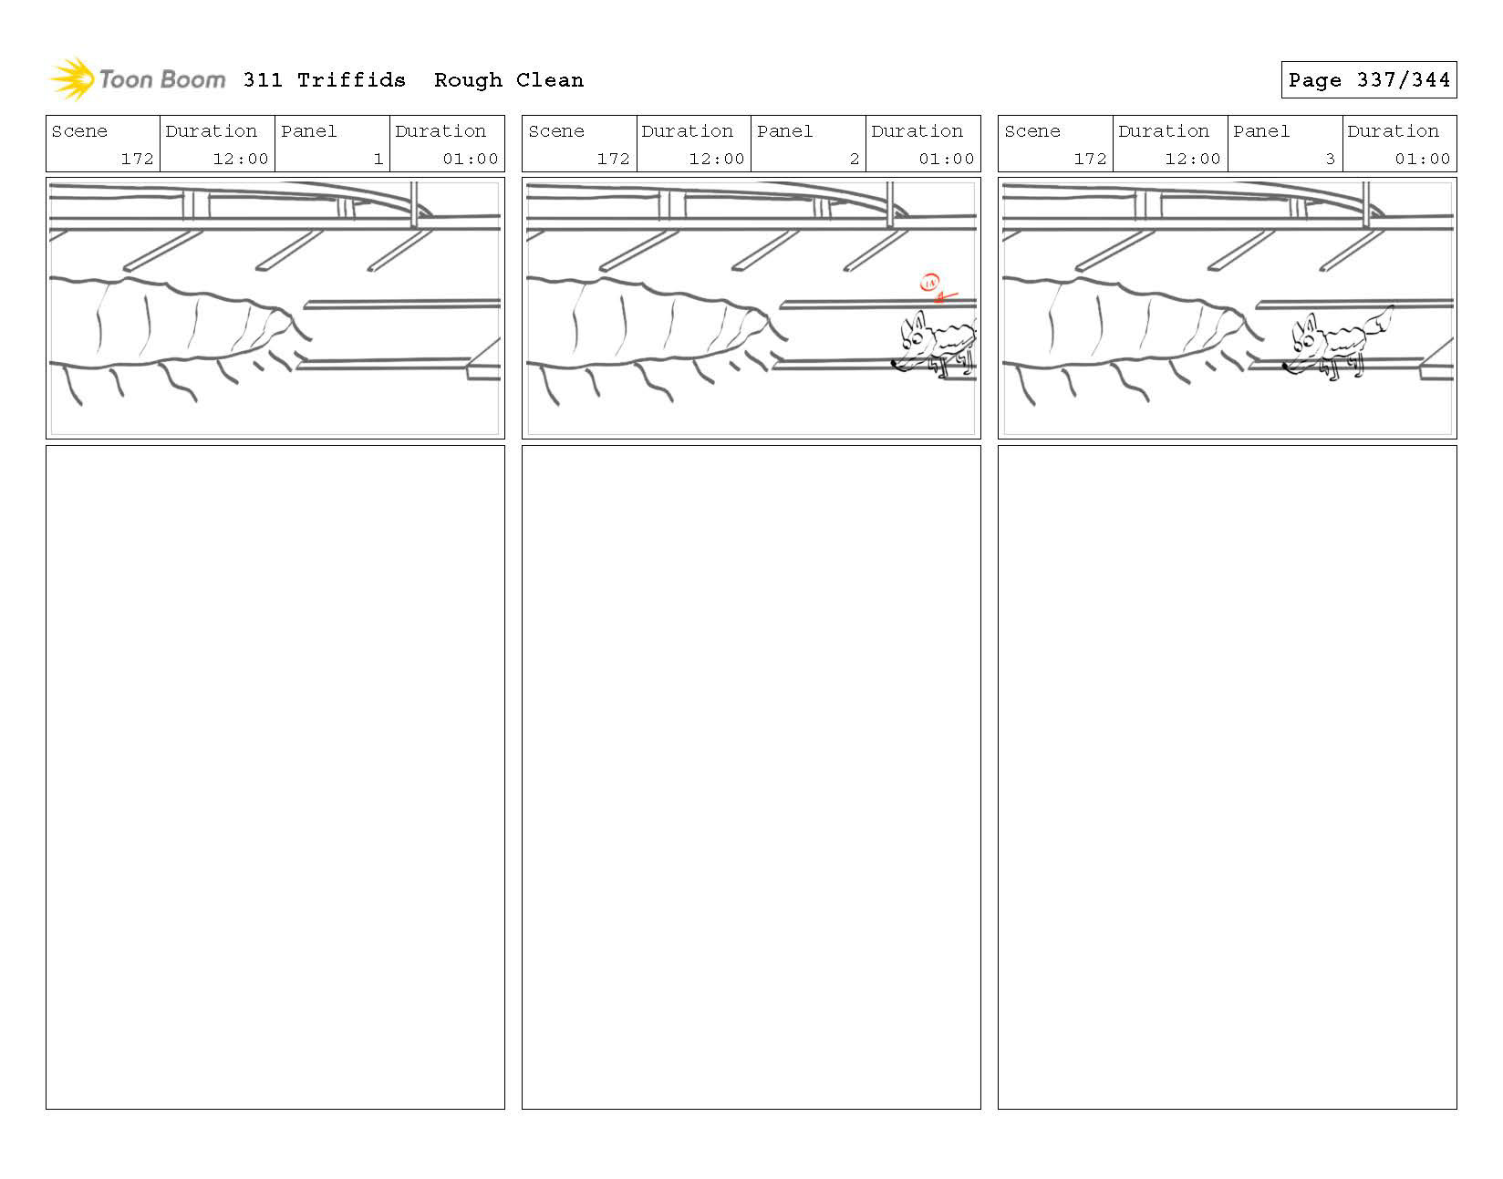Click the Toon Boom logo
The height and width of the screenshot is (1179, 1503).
[137, 79]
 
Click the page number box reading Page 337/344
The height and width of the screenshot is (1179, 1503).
[1368, 80]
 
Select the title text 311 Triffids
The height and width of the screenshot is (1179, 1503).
[324, 80]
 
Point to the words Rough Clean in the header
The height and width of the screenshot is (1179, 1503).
[508, 80]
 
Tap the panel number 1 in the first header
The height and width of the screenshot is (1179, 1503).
[378, 159]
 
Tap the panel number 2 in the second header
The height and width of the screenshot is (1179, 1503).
[854, 159]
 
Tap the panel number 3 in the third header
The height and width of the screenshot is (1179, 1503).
[1330, 159]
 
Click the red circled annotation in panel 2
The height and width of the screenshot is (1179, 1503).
[930, 284]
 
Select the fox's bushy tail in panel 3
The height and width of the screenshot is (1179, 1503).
[1380, 321]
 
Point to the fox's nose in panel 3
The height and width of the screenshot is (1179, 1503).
[1286, 367]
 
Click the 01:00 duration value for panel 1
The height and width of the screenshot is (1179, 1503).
[470, 159]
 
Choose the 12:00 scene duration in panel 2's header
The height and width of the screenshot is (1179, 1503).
[716, 159]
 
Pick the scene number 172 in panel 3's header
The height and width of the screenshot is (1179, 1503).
[1090, 159]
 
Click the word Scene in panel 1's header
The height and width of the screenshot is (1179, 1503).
[79, 131]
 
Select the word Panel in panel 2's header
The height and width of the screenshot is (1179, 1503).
[784, 131]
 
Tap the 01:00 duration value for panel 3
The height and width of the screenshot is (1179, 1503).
[1422, 159]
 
